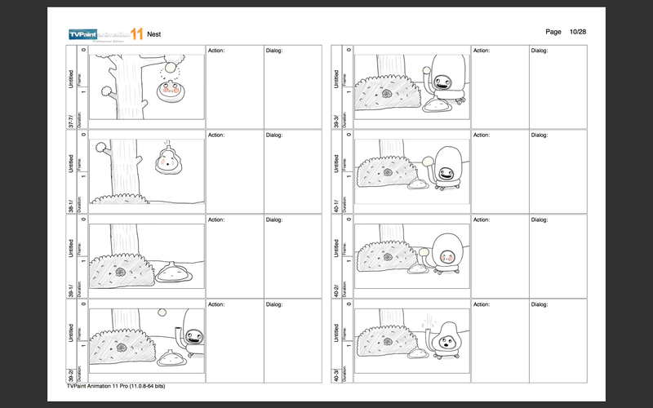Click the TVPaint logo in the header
(106, 34)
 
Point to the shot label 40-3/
(336, 374)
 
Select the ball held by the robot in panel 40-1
(424, 161)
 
